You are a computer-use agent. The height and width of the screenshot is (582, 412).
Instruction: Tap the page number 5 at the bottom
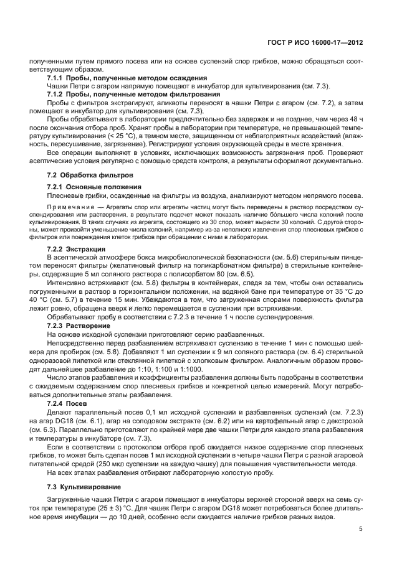pyautogui.click(x=360, y=529)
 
